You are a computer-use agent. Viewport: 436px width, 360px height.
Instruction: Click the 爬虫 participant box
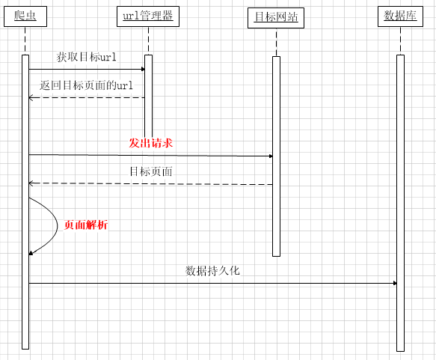tap(25, 16)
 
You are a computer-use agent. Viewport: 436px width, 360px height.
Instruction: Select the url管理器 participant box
tap(148, 16)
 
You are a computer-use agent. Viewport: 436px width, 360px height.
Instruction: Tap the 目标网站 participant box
tap(276, 18)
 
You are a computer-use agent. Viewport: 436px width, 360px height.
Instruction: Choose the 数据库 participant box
tap(400, 16)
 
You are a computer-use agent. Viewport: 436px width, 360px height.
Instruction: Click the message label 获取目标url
tap(87, 57)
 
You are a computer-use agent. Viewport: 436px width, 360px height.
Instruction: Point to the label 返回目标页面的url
tap(86, 85)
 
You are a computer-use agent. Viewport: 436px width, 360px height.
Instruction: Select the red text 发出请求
tap(151, 143)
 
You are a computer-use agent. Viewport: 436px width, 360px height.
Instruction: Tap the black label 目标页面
tap(151, 171)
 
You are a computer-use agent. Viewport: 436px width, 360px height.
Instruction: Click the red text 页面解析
tap(86, 225)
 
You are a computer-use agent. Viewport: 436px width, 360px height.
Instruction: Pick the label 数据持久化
tap(212, 270)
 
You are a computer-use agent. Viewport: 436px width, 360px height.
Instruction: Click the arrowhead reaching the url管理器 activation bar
tap(143, 69)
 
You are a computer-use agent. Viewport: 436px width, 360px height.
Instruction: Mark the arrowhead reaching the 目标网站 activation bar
tap(271, 156)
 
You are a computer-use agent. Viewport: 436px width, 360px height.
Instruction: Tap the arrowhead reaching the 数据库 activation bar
tap(395, 283)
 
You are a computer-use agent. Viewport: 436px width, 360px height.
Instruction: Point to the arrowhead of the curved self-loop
tap(31, 253)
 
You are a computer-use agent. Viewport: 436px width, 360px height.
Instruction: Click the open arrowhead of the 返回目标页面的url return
tap(31, 97)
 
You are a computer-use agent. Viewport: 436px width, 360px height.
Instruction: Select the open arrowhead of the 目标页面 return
tap(31, 183)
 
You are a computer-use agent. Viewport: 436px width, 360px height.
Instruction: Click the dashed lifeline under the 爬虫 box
tap(25, 41)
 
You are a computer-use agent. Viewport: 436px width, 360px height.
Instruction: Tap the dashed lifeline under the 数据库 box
tap(400, 41)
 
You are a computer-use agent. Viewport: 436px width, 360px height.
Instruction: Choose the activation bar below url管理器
tap(149, 96)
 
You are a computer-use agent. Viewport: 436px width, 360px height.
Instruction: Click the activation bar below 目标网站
tap(276, 156)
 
